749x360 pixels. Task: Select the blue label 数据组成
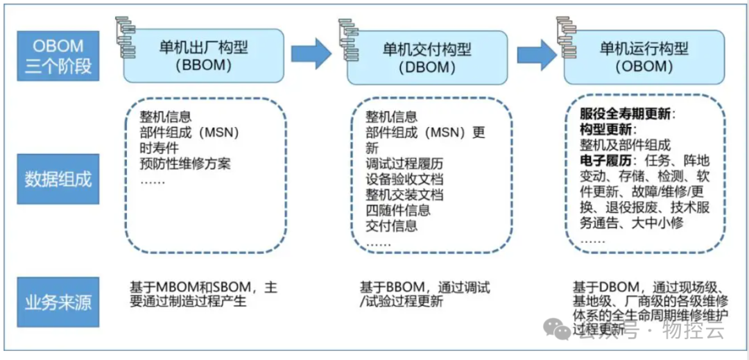tap(58, 179)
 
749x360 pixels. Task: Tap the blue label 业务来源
tap(58, 302)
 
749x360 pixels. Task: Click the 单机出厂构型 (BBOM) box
tap(204, 56)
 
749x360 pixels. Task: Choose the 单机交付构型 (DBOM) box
tap(427, 58)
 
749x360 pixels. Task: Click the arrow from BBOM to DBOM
tap(311, 53)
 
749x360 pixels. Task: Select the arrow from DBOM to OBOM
tap(536, 53)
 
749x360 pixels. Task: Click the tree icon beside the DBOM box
tap(348, 40)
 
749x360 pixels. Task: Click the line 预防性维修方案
tap(185, 164)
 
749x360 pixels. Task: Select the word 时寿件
tap(159, 148)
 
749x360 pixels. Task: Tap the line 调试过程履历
tap(404, 164)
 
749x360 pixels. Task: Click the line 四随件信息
tap(398, 210)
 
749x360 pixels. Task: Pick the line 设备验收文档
tap(404, 180)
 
